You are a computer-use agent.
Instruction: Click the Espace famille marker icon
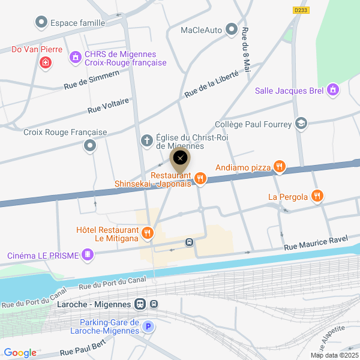coord(41,23)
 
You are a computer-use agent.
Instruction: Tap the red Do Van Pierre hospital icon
coord(44,62)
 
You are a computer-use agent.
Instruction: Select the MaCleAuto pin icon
coord(232,29)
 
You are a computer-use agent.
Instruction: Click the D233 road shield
coord(301,10)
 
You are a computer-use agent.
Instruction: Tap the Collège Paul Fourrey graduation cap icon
coord(301,124)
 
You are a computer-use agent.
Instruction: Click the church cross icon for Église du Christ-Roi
coord(146,140)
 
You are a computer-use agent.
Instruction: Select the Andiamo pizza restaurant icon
coord(279,167)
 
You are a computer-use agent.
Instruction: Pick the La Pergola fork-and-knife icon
coord(317,196)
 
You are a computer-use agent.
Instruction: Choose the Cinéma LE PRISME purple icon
coord(89,255)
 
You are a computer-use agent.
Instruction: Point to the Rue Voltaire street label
coord(108,106)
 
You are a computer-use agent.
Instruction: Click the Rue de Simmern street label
coord(92,80)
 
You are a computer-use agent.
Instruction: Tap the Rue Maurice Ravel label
coord(316,243)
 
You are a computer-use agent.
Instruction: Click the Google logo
coord(20,353)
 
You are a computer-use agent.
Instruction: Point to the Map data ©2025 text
coord(334,355)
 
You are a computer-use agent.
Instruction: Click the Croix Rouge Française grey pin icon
coord(91,146)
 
